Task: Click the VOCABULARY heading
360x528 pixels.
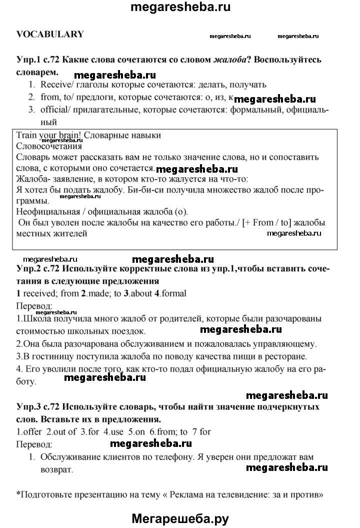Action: (50, 35)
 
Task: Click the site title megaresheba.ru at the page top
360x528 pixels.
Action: (180, 7)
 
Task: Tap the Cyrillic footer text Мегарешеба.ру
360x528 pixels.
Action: (180, 519)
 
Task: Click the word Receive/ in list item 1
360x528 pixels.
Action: (56, 85)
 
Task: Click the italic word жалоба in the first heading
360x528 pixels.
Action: (230, 60)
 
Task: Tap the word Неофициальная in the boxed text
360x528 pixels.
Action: (45, 212)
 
